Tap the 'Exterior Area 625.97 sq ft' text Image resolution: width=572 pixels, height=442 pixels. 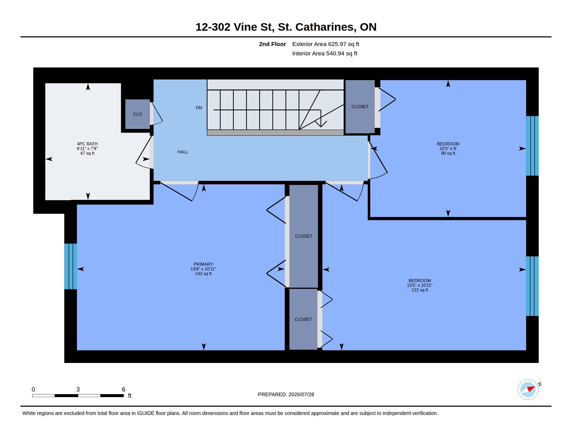click(x=326, y=44)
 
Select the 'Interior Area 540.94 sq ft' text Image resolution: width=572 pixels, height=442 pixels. click(x=324, y=54)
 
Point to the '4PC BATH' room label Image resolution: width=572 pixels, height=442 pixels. click(x=87, y=144)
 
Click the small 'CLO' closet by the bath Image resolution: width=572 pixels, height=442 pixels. click(x=138, y=114)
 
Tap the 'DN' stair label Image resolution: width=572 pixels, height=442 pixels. click(x=199, y=108)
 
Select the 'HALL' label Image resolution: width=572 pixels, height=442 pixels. click(x=183, y=152)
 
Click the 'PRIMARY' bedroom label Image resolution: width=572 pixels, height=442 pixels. click(x=203, y=264)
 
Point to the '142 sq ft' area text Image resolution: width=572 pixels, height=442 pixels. click(x=203, y=274)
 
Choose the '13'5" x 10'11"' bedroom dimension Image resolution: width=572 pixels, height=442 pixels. click(x=420, y=285)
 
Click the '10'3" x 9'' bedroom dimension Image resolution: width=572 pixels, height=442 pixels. click(x=448, y=148)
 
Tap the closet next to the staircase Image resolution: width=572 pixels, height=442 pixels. click(x=360, y=107)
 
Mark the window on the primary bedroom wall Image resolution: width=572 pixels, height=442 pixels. click(x=71, y=266)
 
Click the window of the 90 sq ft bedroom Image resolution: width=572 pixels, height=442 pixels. click(x=532, y=146)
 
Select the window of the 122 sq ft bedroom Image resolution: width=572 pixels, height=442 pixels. click(x=532, y=286)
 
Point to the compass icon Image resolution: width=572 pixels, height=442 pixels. click(x=528, y=389)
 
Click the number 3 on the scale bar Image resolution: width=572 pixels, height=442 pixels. click(x=78, y=389)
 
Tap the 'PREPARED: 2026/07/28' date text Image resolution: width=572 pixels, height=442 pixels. click(x=286, y=394)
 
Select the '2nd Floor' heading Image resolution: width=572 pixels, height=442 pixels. click(x=272, y=44)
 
